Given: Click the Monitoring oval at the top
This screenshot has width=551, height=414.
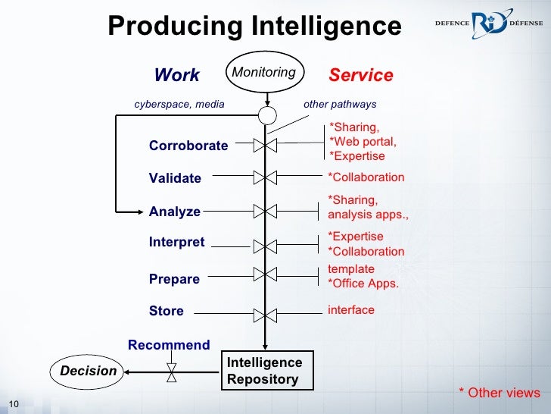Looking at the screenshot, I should pos(264,73).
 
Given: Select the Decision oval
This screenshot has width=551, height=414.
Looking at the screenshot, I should pos(89,371).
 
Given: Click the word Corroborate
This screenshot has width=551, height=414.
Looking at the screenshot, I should pos(188,146).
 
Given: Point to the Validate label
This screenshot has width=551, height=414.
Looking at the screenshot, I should pos(175,178).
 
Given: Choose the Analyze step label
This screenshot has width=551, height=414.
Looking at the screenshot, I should pos(175,212).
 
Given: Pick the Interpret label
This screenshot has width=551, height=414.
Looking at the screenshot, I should pos(177,243).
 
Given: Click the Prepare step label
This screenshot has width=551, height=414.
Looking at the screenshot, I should pos(174,279).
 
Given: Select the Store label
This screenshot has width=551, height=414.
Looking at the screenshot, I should pos(167,311).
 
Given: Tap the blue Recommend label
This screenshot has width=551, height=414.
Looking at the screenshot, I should pos(169,345).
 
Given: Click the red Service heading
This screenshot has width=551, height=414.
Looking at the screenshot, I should pos(361,75).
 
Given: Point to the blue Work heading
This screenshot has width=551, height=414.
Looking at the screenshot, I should pos(176,75).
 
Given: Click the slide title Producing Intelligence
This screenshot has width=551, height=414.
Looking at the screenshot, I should pos(254,26).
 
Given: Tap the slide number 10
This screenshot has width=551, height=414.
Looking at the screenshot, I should pos(12,403).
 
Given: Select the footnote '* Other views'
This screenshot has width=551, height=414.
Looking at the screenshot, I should pos(500,392).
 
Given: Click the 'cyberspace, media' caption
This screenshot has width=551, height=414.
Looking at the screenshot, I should pos(179,104).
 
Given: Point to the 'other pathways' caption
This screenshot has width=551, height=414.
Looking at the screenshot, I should pos(340,104).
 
